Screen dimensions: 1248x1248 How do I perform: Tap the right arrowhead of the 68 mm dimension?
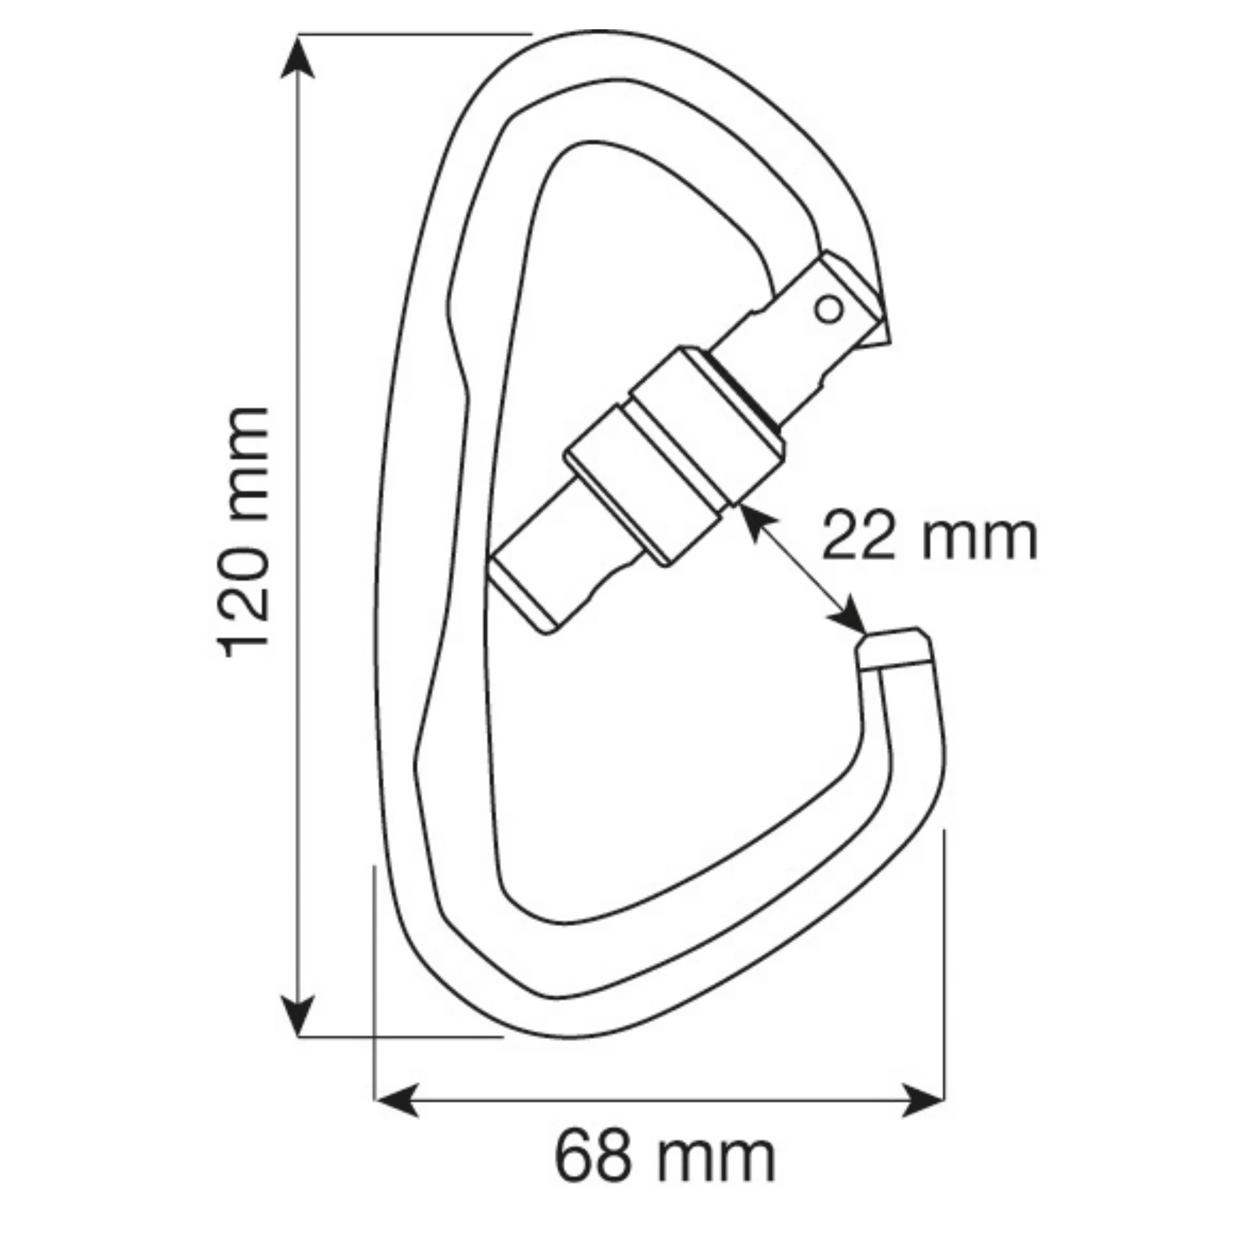tap(923, 1099)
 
